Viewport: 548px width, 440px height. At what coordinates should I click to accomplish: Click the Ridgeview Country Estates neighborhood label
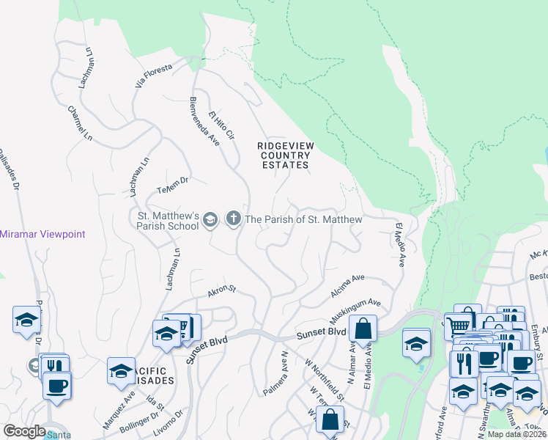tap(286, 155)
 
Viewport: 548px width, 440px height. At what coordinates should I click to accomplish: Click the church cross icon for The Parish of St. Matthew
tap(234, 219)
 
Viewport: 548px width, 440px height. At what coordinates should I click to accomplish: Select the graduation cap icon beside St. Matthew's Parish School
tap(210, 219)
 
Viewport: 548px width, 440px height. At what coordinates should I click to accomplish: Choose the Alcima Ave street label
tap(348, 283)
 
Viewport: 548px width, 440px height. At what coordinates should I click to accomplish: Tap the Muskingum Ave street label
tap(355, 307)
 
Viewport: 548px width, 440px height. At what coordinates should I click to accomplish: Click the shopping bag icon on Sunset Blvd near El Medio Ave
tap(363, 329)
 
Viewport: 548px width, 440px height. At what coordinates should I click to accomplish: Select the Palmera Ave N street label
tap(276, 373)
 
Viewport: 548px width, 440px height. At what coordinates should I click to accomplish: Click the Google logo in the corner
tap(24, 431)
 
